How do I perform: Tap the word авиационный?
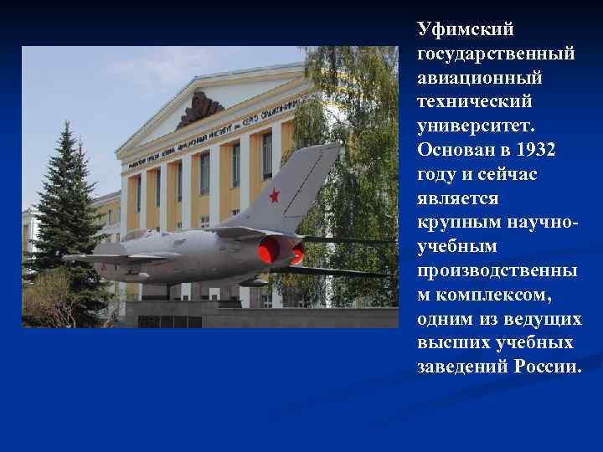pyautogui.click(x=480, y=77)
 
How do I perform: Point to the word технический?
pyautogui.click(x=474, y=101)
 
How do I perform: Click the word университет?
pyautogui.click(x=481, y=126)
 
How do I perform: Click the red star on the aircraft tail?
pyautogui.click(x=273, y=196)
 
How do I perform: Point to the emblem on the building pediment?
pyautogui.click(x=199, y=109)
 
